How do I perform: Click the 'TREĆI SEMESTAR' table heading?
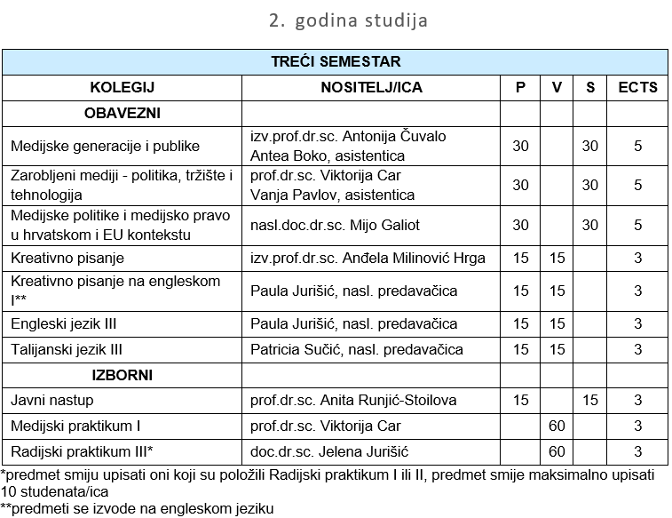pos(336,62)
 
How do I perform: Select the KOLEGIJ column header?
pos(122,87)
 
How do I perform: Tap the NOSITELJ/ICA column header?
pos(371,87)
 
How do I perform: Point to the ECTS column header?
pos(637,87)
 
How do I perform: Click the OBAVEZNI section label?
pos(122,113)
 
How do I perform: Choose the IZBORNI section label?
pos(122,375)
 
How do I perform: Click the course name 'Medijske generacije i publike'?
pos(105,146)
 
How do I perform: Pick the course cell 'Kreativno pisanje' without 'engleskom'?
pos(67,259)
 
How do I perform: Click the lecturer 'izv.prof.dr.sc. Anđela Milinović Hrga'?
pos(368,259)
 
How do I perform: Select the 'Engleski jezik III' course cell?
pos(64,323)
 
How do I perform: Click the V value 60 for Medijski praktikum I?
pos(557,426)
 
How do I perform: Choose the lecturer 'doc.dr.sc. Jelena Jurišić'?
pos(329,452)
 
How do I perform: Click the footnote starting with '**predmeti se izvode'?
pos(138,509)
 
